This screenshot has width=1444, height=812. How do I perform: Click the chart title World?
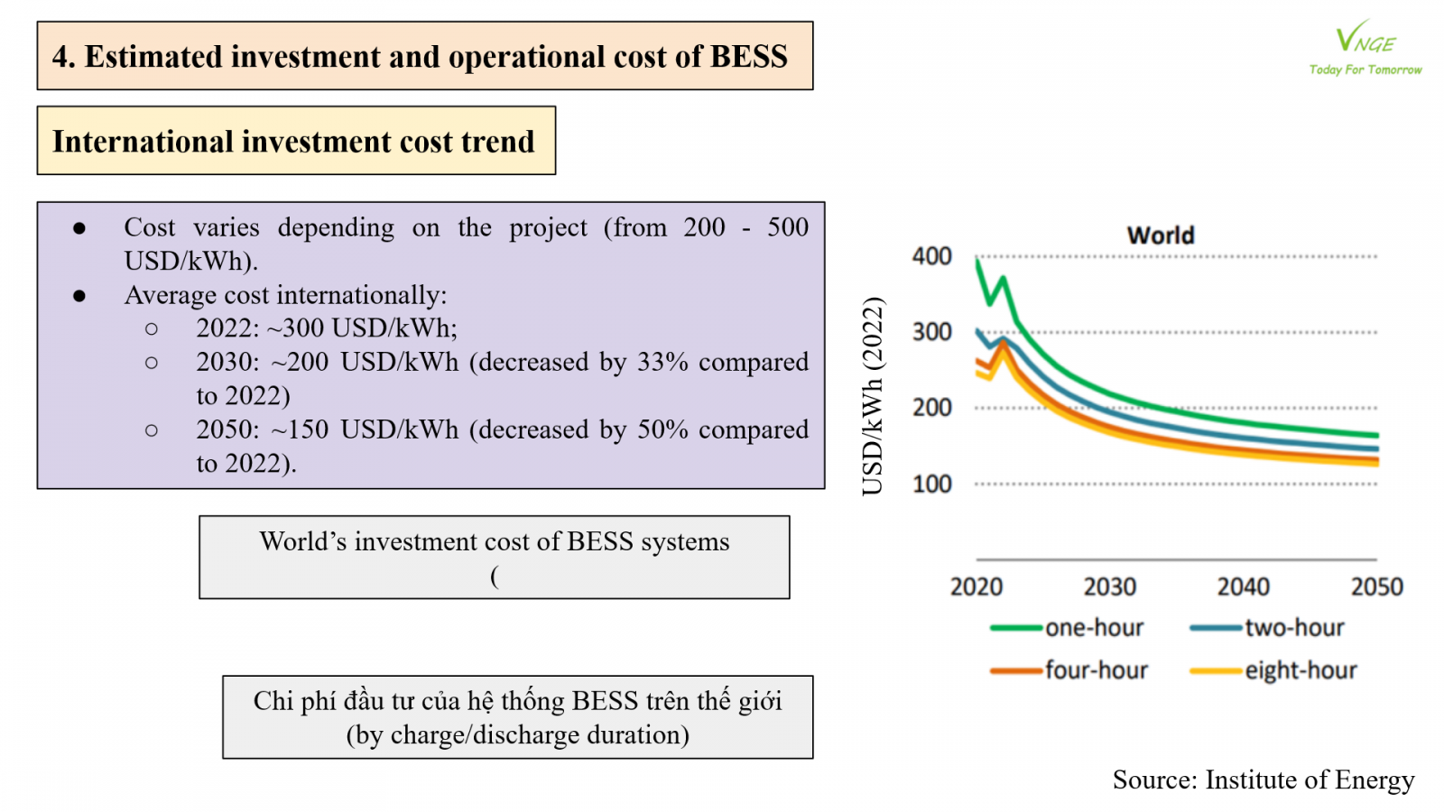[x=1161, y=235]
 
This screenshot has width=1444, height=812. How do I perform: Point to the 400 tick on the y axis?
[x=931, y=256]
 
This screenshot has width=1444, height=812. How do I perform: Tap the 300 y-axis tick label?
[x=931, y=332]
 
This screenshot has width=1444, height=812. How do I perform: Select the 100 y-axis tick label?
[x=931, y=484]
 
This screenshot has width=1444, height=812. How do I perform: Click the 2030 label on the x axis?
[x=1110, y=586]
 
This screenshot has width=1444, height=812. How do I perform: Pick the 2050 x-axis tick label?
[x=1377, y=586]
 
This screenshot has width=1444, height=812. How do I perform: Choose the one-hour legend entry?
[x=1067, y=627]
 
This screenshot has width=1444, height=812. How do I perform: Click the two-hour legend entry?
[x=1267, y=627]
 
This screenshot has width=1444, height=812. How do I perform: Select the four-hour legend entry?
[x=1069, y=670]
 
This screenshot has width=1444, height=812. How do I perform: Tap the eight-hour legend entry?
[x=1273, y=670]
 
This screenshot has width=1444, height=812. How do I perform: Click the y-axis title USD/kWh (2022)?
[x=873, y=396]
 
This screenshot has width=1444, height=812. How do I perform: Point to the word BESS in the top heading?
[x=748, y=56]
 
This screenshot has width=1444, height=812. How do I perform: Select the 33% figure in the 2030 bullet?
[x=662, y=362]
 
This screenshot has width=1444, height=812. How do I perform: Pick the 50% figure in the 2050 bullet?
[x=662, y=429]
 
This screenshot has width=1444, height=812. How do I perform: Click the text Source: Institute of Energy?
[x=1263, y=780]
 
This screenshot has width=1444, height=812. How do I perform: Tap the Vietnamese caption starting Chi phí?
[x=518, y=701]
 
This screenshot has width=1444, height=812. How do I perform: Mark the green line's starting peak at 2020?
[x=977, y=260]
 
